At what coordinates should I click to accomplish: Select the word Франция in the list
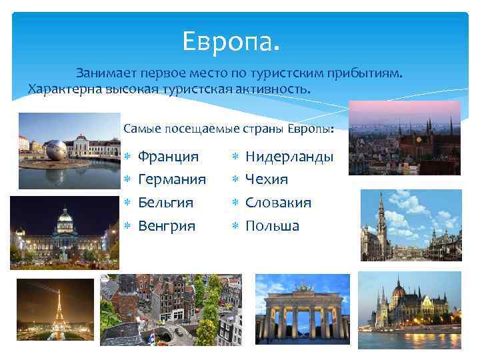point(168,157)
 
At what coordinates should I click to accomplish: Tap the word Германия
point(172,179)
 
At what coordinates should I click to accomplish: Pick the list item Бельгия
point(165,202)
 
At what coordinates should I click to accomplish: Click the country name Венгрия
point(167,225)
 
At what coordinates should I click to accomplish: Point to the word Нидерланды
point(289,157)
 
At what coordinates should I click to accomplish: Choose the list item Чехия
point(267,179)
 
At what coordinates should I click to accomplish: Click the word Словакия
point(279,202)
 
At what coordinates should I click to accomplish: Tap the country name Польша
point(272,225)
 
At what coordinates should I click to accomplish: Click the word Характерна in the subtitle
point(63,89)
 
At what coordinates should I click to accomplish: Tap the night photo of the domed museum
point(64,233)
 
